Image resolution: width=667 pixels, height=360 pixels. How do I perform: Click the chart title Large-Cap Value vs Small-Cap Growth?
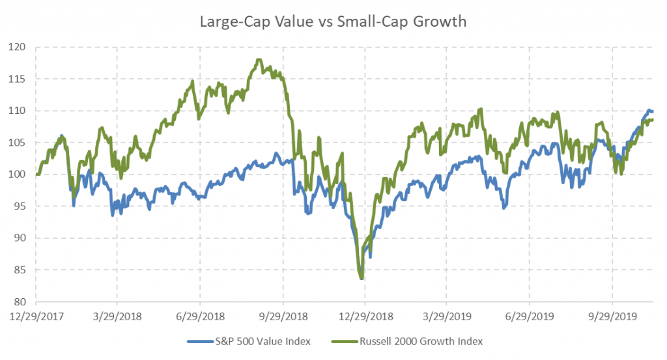[x=333, y=21]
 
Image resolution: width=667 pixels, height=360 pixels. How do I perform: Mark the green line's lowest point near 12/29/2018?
[x=362, y=278]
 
